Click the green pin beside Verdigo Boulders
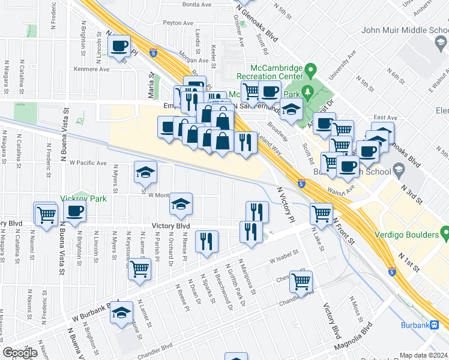[x=445, y=232]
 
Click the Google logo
[x=20, y=352]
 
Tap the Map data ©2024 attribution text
[x=423, y=355]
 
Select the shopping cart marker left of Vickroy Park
[x=46, y=214]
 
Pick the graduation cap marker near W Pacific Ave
[x=145, y=173]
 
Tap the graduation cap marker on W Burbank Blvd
[x=122, y=313]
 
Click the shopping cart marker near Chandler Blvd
[x=301, y=281]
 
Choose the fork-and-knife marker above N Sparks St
[x=207, y=241]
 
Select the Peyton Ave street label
[x=179, y=23]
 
